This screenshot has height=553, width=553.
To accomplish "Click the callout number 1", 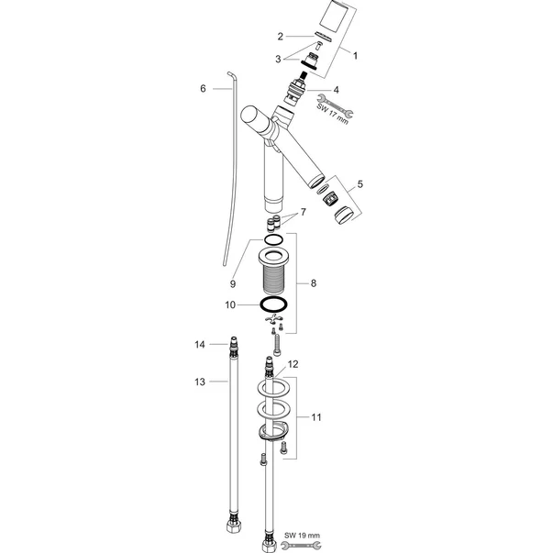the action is [355, 56].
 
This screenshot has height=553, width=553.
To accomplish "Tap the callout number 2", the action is [280, 37].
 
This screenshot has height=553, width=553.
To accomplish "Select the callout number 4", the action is [336, 90].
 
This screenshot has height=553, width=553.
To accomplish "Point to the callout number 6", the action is [203, 88].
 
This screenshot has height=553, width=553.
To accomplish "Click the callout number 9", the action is [232, 284].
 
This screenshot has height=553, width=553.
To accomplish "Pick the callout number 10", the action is [230, 304].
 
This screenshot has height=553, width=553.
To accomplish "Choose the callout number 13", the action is [200, 382].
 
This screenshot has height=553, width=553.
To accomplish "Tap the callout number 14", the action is [200, 344].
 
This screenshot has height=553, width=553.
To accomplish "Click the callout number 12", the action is [293, 364].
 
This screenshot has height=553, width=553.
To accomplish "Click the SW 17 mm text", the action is [333, 112].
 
